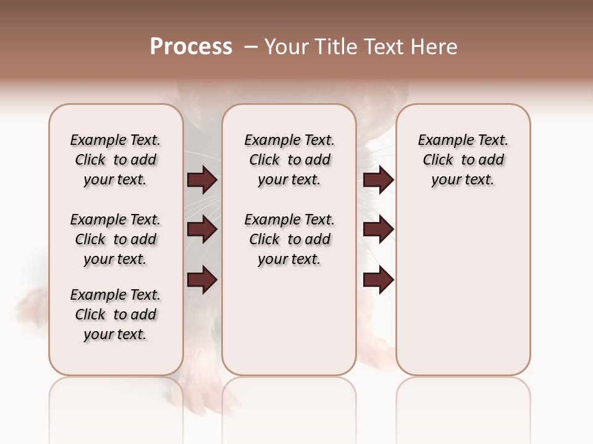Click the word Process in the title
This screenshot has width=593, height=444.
coord(191,47)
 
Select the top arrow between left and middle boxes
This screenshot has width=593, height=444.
coord(202,179)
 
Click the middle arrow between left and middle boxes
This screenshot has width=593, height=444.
coord(202,230)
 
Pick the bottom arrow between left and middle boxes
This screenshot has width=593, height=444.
coord(202,280)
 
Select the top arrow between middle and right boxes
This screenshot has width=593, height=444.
coord(378,179)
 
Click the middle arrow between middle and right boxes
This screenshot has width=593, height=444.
coord(378,230)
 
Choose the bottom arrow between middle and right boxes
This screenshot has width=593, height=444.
coord(378,280)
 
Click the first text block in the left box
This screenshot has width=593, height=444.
coord(116,160)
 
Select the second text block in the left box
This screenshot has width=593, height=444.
coord(116,239)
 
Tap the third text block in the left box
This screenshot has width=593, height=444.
coord(116,314)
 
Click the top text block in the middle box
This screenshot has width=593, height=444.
coord(289,160)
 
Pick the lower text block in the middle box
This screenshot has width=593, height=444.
coord(289,239)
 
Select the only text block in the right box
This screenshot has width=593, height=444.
coord(463,160)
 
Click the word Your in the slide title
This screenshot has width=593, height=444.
coord(285,47)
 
